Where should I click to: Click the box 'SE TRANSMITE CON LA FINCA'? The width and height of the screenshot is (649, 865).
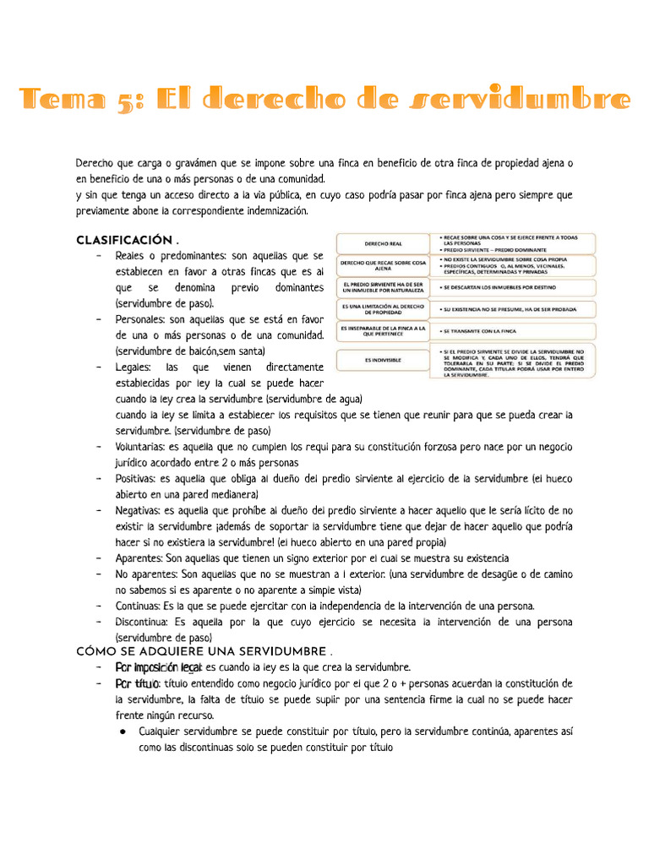click(515, 330)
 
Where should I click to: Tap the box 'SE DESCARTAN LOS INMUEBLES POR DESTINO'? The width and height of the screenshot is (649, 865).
click(515, 287)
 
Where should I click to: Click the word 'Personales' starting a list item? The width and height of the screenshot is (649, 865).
click(140, 319)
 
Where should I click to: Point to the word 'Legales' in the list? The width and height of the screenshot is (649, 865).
click(134, 367)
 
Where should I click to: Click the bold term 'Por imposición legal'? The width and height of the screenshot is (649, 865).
click(158, 667)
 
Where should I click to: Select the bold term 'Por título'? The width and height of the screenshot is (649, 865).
click(137, 683)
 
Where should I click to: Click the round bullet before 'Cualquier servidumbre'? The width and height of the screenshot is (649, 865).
click(123, 732)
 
